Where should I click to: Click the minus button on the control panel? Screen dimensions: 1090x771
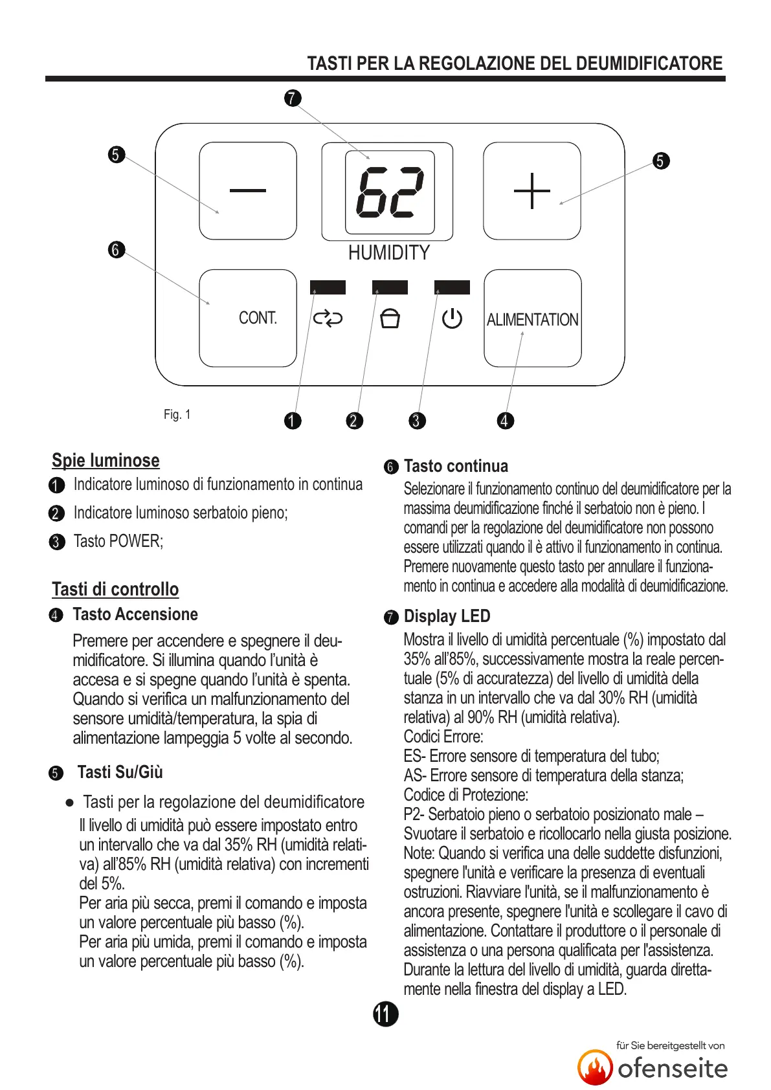tap(248, 190)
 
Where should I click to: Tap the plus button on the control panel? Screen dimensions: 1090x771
tap(531, 191)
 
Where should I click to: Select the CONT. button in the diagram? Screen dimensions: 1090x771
tap(248, 318)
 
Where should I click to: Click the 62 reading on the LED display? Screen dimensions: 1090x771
tap(390, 192)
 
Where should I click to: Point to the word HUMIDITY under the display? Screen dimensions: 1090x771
tap(388, 252)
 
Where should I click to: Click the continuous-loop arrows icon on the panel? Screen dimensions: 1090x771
tap(328, 318)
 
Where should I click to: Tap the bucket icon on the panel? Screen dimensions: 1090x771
tap(390, 318)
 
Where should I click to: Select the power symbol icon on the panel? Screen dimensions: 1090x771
tap(452, 318)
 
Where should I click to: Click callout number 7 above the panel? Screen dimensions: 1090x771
tap(293, 98)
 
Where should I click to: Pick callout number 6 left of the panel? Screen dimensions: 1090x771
tap(116, 249)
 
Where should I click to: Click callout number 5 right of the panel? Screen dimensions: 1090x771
tap(660, 161)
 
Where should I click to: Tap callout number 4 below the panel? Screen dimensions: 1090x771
tap(505, 421)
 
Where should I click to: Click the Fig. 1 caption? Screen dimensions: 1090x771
tap(177, 414)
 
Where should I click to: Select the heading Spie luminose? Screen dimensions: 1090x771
tap(106, 460)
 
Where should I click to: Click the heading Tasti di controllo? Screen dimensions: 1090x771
tap(115, 589)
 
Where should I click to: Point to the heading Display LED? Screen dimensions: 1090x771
tap(447, 616)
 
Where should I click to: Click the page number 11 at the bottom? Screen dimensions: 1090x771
tap(385, 1014)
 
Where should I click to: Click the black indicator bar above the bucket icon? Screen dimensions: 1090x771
tap(390, 287)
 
